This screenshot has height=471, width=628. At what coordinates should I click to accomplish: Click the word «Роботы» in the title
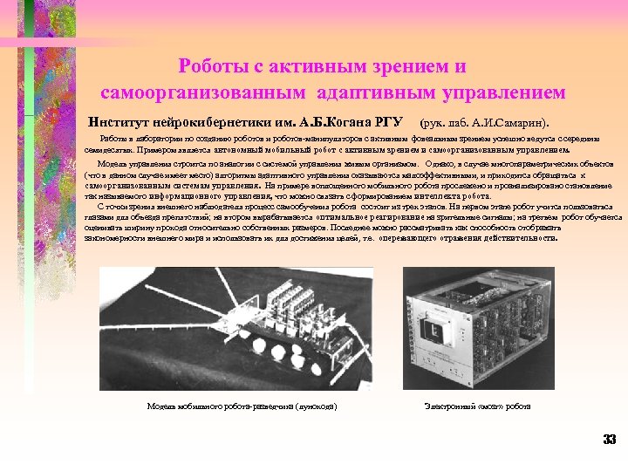tap(210, 66)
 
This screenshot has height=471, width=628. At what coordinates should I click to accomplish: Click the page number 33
tap(609, 439)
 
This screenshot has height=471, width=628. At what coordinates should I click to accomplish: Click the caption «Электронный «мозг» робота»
tap(477, 406)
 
